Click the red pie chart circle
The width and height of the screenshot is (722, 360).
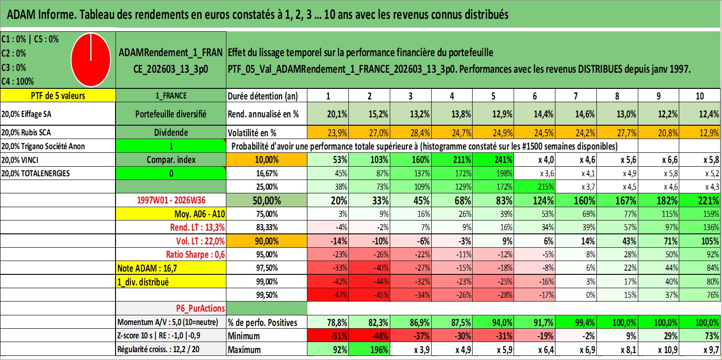coord(91,60)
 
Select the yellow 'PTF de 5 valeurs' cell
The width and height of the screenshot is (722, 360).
coord(58,95)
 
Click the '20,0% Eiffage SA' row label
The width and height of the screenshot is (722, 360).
coord(26,114)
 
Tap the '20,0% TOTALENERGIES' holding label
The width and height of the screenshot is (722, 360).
coord(35,174)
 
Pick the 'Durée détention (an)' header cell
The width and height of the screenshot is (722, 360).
coord(263,96)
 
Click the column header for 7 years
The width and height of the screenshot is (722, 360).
coord(576,96)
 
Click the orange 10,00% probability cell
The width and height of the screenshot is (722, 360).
coord(266,160)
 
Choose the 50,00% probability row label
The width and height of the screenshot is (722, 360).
coord(266,200)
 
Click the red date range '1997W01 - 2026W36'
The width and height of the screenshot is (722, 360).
coord(171,200)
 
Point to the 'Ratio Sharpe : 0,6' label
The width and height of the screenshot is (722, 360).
coord(195,255)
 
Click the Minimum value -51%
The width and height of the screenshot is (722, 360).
coord(328,336)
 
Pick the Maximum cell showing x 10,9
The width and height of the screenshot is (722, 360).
coord(658,349)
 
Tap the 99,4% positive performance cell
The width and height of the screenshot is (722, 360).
coord(576,322)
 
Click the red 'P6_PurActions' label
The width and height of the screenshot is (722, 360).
coord(200,308)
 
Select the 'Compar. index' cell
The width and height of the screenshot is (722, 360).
coord(171,160)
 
